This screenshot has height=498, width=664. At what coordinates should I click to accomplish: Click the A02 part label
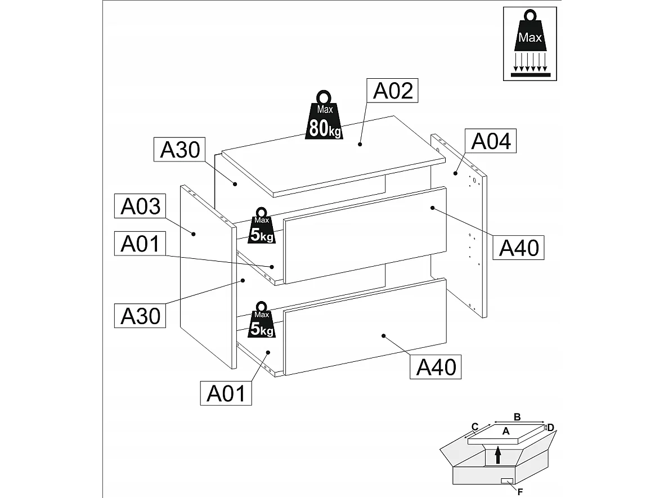(393, 91)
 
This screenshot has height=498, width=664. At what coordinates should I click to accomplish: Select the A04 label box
(491, 141)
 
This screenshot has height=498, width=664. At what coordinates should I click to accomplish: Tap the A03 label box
(141, 207)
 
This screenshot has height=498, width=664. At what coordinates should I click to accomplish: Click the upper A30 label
(180, 150)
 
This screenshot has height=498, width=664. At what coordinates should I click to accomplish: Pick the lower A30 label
(141, 316)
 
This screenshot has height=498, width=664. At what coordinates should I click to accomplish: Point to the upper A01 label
(141, 244)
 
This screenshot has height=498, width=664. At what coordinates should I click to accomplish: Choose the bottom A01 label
(226, 393)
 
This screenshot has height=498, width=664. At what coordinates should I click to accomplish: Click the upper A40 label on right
(519, 247)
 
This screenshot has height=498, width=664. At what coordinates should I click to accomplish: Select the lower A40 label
(436, 367)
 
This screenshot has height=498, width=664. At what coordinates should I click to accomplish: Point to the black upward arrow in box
(497, 454)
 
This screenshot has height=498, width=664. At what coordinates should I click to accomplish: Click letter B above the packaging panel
(517, 416)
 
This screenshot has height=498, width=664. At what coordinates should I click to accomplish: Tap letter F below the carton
(520, 492)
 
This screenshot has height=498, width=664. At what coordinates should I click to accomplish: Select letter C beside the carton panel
(474, 426)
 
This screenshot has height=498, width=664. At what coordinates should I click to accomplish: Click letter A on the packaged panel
(505, 431)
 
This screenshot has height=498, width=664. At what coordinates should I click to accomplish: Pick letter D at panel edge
(551, 428)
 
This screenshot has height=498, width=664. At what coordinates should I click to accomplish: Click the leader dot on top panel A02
(360, 145)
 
